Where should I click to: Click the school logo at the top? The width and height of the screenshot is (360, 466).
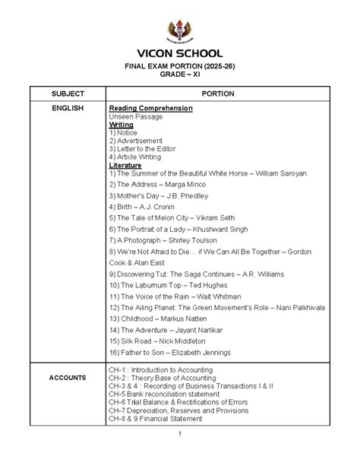pyautogui.click(x=179, y=31)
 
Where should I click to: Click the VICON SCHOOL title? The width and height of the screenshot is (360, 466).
pyautogui.click(x=179, y=55)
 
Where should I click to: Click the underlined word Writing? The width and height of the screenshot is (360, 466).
pyautogui.click(x=121, y=125)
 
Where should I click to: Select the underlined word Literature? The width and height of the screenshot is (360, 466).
pyautogui.click(x=125, y=165)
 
